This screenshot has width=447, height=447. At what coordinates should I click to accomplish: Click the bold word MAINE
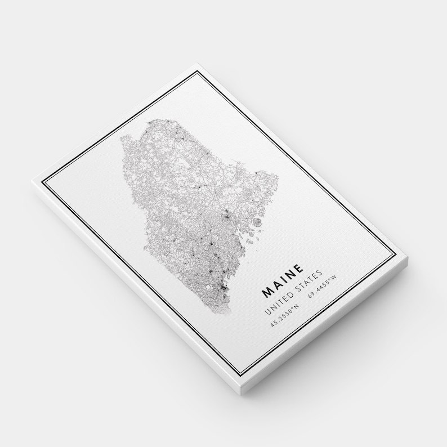coord(284,281)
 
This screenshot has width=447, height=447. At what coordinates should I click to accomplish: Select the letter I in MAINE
coord(284,280)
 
